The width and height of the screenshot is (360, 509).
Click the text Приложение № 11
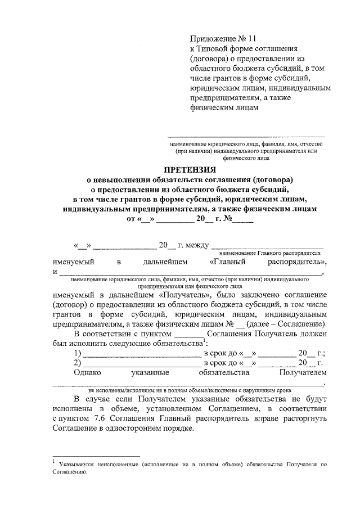tap(222, 38)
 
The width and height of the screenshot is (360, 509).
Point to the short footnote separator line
tap(96, 456)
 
